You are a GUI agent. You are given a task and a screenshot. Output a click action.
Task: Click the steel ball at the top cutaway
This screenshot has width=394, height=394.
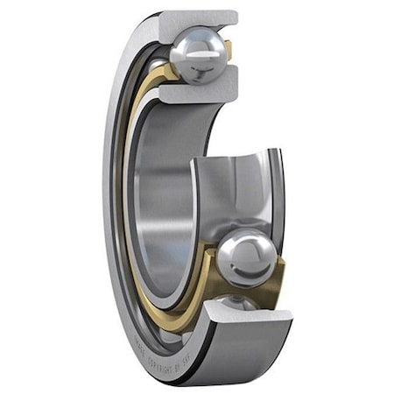click(x=199, y=54)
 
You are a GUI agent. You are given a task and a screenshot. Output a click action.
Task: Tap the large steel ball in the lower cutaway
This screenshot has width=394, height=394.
click(x=247, y=258)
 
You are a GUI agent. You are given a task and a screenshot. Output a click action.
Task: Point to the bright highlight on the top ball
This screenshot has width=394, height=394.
click(x=190, y=46)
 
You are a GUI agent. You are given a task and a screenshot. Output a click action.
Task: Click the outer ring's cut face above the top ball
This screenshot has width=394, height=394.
click(x=197, y=19)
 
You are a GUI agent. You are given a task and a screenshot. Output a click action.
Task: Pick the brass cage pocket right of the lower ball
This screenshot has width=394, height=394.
click(x=276, y=280)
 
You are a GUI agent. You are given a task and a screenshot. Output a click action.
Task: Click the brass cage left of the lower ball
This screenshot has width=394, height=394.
click(x=208, y=263)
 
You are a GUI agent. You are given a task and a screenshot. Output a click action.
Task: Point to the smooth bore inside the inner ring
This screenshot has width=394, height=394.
click(x=162, y=193)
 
